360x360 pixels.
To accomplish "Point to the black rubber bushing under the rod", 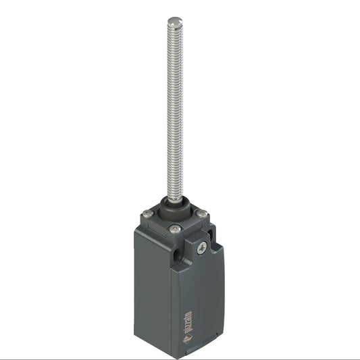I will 174,205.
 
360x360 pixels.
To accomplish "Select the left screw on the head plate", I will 148,214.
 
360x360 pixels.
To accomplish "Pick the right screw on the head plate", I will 201,214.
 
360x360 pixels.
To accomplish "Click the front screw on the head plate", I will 176,229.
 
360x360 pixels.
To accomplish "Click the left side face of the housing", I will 152,297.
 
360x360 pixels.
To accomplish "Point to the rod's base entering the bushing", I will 175,198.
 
